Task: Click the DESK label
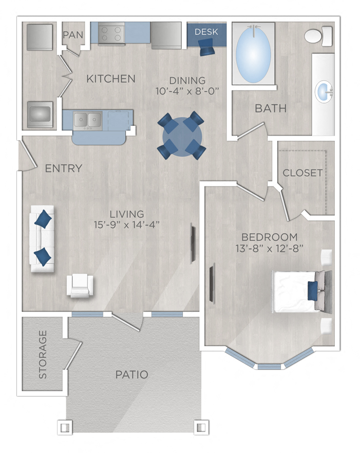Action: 206,32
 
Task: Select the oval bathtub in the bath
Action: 253,52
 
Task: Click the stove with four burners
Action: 112,34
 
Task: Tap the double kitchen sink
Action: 87,120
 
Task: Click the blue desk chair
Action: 206,48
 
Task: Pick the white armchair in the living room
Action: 81,285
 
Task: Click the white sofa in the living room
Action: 42,238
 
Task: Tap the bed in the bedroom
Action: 300,291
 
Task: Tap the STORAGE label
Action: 43,354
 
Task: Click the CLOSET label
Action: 302,173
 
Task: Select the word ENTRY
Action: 63,168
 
